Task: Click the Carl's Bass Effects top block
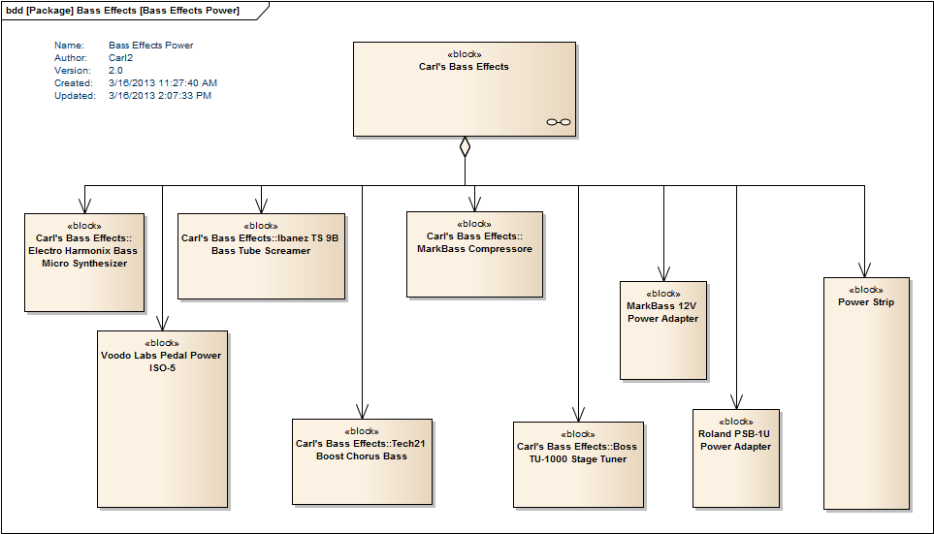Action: pyautogui.click(x=464, y=89)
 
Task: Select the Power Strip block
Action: pyautogui.click(x=866, y=393)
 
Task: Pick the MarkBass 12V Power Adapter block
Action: pyautogui.click(x=662, y=330)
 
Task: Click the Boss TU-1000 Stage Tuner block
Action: pyautogui.click(x=578, y=464)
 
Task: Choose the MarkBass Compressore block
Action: pyautogui.click(x=473, y=254)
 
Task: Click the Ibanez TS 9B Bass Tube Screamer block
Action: pyautogui.click(x=261, y=256)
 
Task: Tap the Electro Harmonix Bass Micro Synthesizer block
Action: pyautogui.click(x=84, y=263)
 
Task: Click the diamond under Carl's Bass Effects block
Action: pyautogui.click(x=465, y=146)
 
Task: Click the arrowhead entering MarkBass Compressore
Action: pyautogui.click(x=473, y=204)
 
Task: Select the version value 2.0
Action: pyautogui.click(x=115, y=71)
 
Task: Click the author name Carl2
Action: pyautogui.click(x=120, y=58)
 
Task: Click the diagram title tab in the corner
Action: pyautogui.click(x=122, y=11)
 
